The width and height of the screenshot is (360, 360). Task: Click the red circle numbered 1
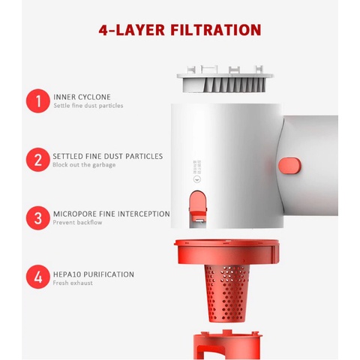coord(37,100)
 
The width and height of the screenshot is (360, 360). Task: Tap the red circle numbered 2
coord(37,160)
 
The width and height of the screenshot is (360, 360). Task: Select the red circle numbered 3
coord(37,217)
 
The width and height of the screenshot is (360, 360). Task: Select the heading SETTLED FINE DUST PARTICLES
coord(107,156)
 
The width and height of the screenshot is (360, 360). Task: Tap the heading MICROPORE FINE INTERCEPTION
coord(111,214)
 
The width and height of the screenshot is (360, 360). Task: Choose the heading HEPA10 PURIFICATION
coord(94,274)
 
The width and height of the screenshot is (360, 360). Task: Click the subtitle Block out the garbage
coord(84,165)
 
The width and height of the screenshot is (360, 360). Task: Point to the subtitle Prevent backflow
coord(78,223)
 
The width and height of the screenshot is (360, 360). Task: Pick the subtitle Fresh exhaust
coord(73,283)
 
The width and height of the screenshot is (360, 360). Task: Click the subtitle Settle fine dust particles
coord(88,106)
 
